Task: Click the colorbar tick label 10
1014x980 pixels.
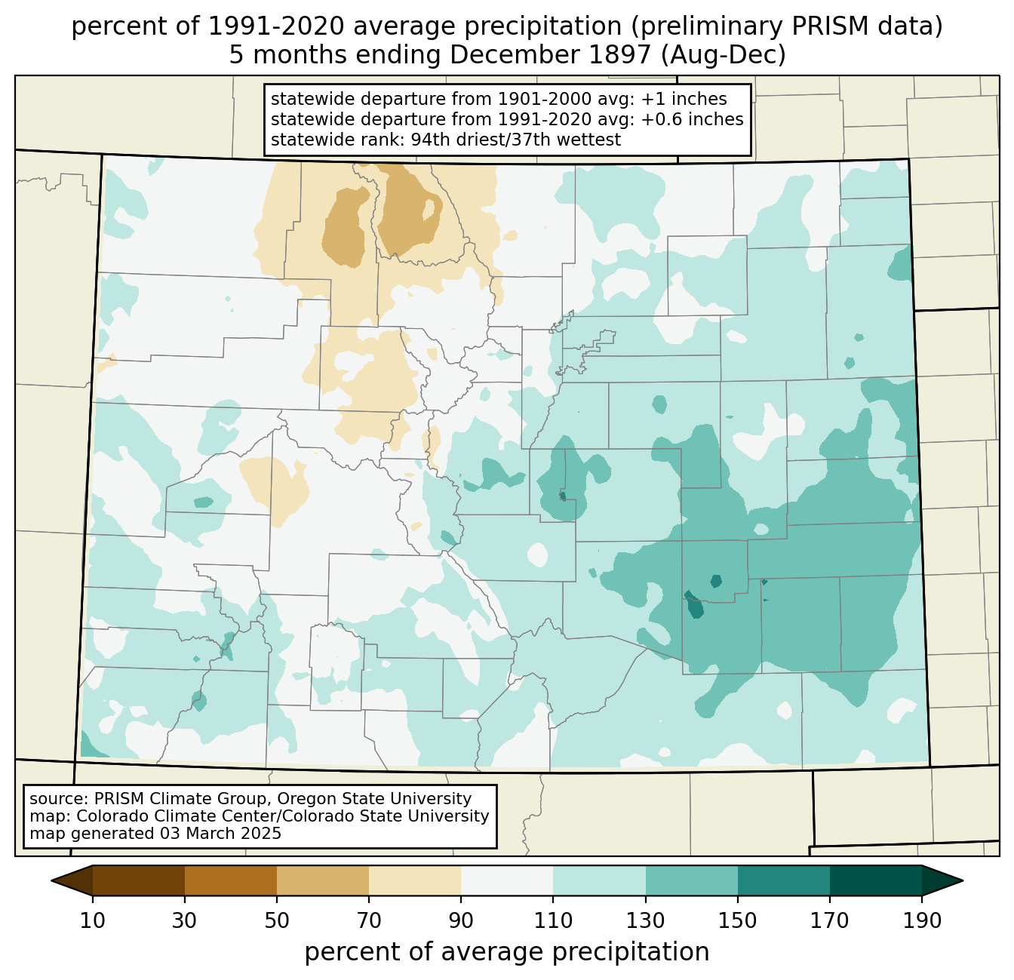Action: pos(92,921)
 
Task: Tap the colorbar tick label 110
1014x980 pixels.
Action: pos(553,921)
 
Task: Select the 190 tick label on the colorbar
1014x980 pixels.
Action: pos(921,921)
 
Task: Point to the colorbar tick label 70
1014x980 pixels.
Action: pos(369,921)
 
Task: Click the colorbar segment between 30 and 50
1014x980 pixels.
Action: pos(230,880)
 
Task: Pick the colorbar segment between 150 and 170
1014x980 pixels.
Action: pos(783,880)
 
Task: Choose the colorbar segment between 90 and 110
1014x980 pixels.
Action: pos(507,880)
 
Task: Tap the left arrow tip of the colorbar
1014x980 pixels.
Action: pos(51,880)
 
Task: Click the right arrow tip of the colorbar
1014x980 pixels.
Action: pos(962,880)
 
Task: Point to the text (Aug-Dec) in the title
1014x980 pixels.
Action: pos(724,55)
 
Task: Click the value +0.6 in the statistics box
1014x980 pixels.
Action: pos(659,119)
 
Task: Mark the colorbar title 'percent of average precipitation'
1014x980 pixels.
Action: pos(506,951)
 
